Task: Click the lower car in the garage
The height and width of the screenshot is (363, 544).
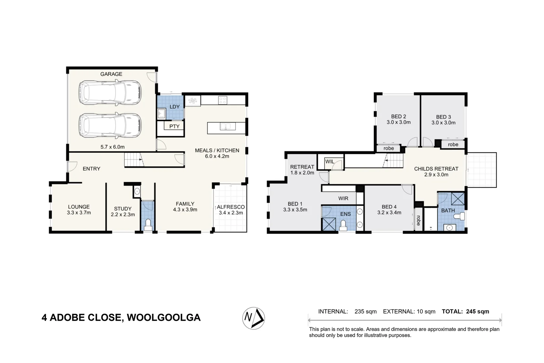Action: coord(110,125)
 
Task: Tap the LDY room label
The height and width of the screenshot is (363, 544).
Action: coord(174,107)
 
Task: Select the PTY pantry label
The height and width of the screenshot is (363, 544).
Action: coord(174,126)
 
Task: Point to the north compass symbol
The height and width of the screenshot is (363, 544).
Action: coord(254,318)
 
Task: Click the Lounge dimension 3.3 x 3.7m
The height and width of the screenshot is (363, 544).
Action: coord(79,213)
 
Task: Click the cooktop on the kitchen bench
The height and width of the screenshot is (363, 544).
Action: coord(222,100)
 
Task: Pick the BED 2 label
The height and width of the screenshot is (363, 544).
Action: coord(399,117)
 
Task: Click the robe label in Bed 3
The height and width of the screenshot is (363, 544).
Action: coord(453,145)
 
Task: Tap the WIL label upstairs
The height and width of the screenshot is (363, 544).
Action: coord(330,162)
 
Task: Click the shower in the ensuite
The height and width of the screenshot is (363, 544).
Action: coord(329,224)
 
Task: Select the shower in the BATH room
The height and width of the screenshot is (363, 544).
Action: coord(457,199)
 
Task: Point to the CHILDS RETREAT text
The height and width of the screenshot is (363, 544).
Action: coord(436,169)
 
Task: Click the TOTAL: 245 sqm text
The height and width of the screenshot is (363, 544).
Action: coord(465,312)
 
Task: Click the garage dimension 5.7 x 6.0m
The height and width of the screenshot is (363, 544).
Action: coord(112,147)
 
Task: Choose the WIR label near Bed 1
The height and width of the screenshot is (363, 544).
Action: coord(343,198)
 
